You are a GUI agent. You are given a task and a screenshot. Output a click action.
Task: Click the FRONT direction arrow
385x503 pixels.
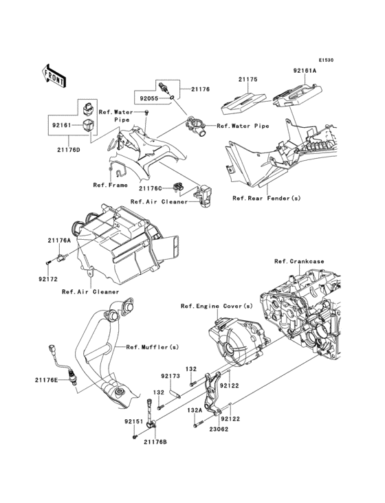click(x=54, y=76)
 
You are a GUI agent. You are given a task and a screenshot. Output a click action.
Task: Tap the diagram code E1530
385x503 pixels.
click(x=326, y=60)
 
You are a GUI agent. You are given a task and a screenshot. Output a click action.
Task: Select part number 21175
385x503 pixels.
click(x=247, y=80)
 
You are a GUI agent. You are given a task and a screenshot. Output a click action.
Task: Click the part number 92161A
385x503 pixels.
click(x=305, y=71)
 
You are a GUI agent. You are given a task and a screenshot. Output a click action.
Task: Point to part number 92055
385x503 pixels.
click(x=149, y=99)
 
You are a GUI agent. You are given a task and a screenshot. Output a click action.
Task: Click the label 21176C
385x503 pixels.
click(x=151, y=188)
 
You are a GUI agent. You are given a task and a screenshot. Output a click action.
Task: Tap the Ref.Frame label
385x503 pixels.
click(x=111, y=185)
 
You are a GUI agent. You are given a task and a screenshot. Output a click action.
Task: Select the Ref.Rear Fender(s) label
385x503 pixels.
click(x=267, y=199)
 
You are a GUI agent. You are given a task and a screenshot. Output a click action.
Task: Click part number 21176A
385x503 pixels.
click(x=60, y=241)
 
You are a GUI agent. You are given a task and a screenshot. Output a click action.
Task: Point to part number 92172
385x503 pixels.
click(x=48, y=279)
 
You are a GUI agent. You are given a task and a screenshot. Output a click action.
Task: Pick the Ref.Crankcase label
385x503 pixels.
click(x=299, y=261)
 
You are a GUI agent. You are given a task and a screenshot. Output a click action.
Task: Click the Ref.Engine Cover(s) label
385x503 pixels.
click(x=217, y=306)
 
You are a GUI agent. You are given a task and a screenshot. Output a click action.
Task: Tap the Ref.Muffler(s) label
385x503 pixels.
click(x=153, y=347)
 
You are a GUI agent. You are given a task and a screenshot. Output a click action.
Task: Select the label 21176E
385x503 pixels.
click(x=47, y=380)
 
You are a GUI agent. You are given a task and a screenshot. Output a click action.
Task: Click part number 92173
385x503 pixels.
click(x=170, y=376)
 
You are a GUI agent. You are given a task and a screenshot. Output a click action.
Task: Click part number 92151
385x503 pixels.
click(x=135, y=422)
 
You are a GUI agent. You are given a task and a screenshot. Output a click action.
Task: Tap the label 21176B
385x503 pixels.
click(x=155, y=442)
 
